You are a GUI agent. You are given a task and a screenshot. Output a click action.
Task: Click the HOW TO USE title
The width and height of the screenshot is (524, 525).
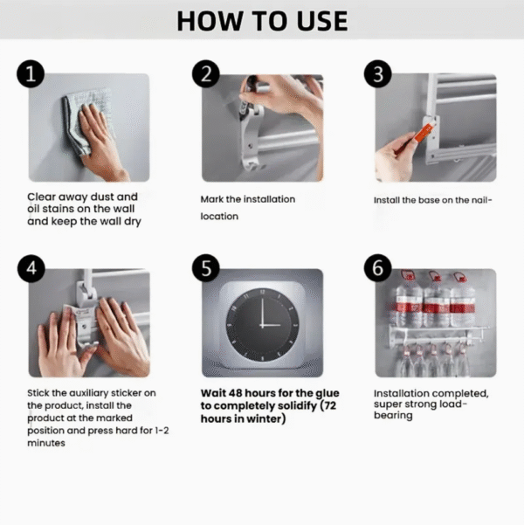coord(262,21)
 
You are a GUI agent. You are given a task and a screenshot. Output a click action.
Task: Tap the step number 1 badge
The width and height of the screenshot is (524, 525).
coord(32,75)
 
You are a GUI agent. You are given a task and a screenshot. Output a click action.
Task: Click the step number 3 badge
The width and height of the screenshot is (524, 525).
coord(377,75)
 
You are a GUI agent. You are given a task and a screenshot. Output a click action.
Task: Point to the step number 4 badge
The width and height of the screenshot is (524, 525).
coord(32,269)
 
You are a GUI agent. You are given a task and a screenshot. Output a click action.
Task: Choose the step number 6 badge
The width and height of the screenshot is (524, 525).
coord(377,269)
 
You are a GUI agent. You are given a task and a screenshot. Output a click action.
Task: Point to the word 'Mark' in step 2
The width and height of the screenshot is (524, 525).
coord(214,199)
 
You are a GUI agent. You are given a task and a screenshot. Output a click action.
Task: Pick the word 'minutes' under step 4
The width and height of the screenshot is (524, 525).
coord(46,443)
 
